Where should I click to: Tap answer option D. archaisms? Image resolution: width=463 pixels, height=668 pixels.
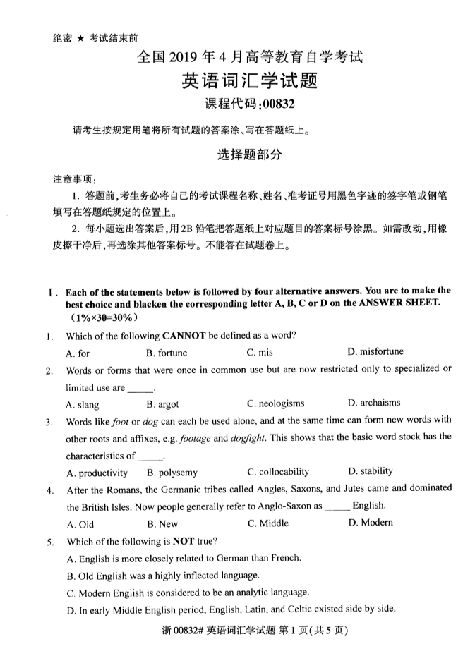point(374,403)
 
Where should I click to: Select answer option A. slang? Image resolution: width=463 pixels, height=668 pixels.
point(83,404)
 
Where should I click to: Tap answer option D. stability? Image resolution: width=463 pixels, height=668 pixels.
point(371,471)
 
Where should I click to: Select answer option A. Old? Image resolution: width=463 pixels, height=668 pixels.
point(80,524)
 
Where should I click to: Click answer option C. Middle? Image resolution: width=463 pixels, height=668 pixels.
point(267,523)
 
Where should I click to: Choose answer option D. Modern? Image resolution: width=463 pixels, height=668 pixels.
point(371,523)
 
